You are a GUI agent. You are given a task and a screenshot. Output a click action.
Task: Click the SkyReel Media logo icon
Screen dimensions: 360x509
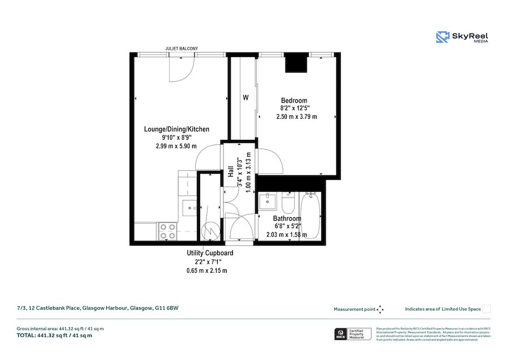pos(442,37)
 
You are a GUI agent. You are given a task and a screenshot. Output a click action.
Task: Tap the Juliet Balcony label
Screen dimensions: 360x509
pos(181,49)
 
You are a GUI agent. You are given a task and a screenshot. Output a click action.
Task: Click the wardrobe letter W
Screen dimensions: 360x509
pos(245,97)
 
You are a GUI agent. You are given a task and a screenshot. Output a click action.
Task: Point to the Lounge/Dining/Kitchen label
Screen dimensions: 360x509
pos(176,129)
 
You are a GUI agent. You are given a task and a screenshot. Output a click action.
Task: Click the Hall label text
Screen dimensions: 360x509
pos(231,172)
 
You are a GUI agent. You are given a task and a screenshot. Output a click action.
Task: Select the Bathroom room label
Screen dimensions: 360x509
pos(287,218)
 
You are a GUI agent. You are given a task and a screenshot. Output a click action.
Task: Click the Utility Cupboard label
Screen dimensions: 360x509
pos(210,253)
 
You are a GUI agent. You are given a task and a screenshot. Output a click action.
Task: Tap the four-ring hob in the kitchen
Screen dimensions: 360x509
pos(167,231)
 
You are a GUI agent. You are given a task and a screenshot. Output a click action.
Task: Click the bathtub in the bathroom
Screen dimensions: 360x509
pos(310,215)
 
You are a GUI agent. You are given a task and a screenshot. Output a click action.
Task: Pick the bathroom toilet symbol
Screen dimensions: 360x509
pos(287,202)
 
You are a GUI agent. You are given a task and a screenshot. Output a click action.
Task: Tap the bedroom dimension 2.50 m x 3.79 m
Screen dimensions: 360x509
pos(296,117)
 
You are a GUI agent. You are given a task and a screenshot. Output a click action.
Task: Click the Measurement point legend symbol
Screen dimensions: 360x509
pos(380,309)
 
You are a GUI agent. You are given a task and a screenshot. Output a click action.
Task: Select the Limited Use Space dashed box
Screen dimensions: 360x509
pos(486,309)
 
